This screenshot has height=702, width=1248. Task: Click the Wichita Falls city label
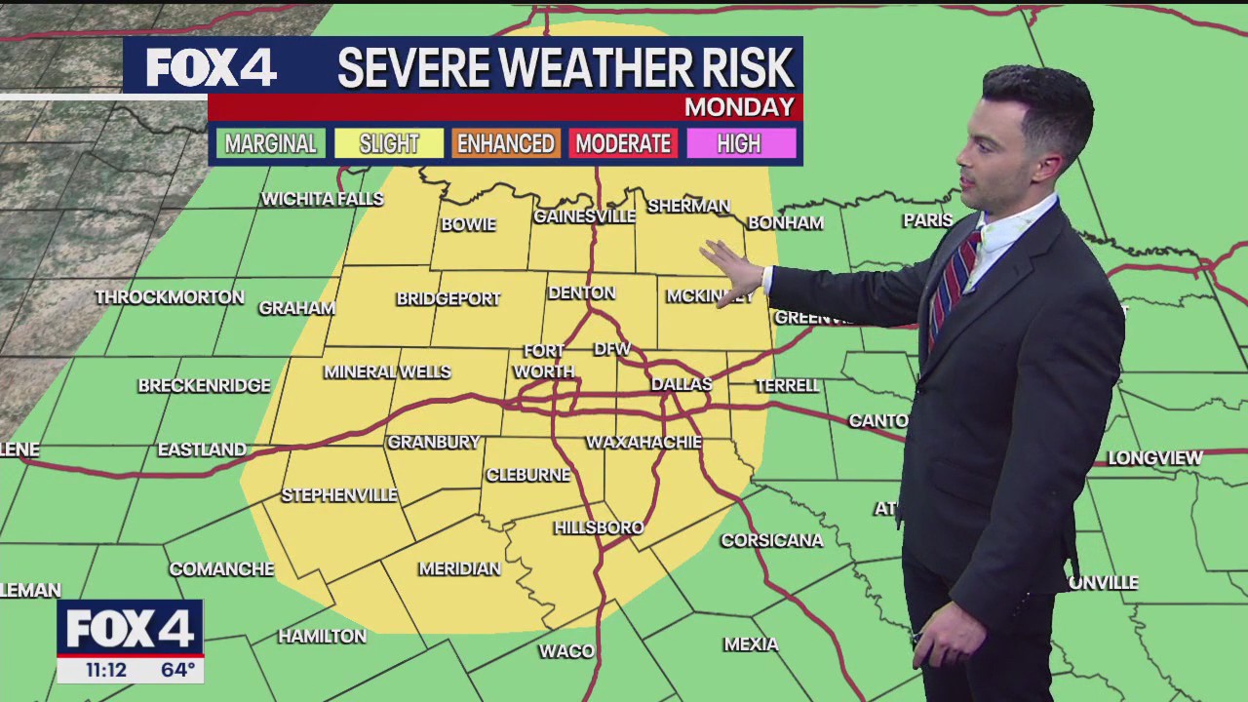[x=322, y=199]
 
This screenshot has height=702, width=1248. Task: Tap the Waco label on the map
[x=565, y=650]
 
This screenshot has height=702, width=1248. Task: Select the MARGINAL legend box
[x=271, y=144]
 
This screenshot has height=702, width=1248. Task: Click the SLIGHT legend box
[x=389, y=144]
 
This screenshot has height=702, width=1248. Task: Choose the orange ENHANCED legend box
[x=506, y=144]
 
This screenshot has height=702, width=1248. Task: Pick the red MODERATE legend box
[x=623, y=144]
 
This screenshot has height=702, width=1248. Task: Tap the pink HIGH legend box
[x=739, y=144]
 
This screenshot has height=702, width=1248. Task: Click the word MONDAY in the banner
[x=739, y=107]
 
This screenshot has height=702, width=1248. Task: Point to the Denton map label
[x=581, y=292]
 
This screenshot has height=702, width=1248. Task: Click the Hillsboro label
[x=599, y=527]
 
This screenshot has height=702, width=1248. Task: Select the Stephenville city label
[x=339, y=495]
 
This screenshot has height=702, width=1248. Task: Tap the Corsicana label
[x=771, y=540]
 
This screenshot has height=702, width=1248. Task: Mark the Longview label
[x=1155, y=457]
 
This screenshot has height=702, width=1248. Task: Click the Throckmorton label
[x=170, y=297]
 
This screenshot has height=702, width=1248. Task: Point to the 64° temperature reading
[x=177, y=670]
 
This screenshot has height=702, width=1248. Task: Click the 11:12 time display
[x=106, y=670]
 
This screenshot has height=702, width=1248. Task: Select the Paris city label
[x=927, y=220]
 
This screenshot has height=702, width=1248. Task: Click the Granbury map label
[x=434, y=443]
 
